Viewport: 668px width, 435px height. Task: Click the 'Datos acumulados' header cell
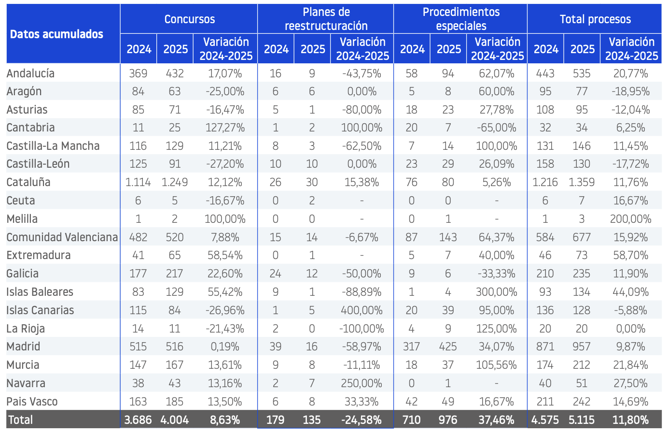(56, 34)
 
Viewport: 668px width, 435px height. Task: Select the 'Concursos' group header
(189, 19)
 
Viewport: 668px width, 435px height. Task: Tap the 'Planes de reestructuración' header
(326, 19)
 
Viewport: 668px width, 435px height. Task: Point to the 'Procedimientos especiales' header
(461, 19)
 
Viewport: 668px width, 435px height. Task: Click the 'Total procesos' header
(595, 19)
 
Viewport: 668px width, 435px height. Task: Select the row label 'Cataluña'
(28, 182)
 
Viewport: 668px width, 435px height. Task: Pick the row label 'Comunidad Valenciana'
(62, 237)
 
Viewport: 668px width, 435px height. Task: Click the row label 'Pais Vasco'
(32, 402)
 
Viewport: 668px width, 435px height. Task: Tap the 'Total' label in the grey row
(20, 420)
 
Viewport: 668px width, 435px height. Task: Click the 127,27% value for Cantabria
(225, 128)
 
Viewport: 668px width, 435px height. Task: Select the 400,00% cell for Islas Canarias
(362, 310)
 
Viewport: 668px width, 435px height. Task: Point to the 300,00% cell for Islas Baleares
(497, 292)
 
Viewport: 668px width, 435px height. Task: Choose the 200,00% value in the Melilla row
(631, 219)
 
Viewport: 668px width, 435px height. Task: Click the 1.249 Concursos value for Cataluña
(175, 182)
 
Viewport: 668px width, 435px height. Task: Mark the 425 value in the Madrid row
(448, 347)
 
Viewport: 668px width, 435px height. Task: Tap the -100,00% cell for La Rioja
(362, 328)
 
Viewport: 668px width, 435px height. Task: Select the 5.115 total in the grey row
(582, 420)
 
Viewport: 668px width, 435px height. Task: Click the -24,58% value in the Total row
(362, 420)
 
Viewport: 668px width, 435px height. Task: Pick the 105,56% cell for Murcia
(497, 365)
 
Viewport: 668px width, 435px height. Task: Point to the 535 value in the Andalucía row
(582, 73)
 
